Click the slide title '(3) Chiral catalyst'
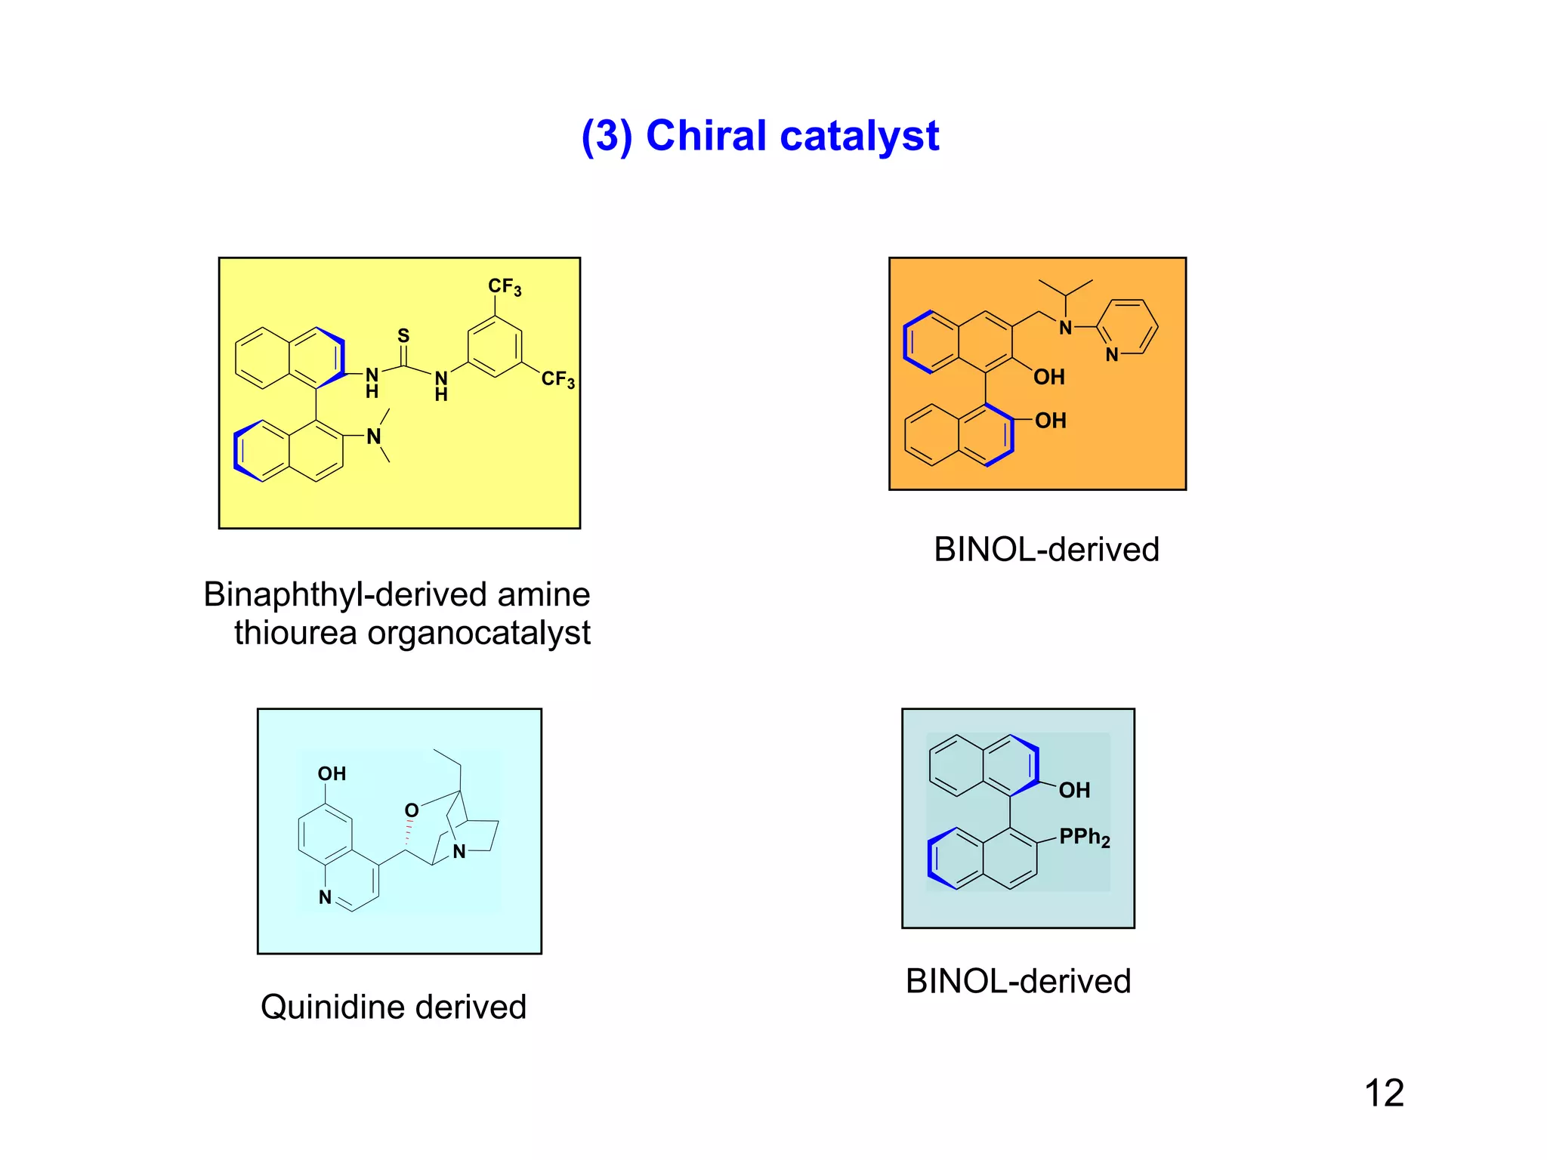pyautogui.click(x=760, y=137)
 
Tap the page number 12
pyautogui.click(x=1384, y=1093)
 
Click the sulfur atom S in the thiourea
pyautogui.click(x=403, y=335)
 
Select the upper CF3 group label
pyautogui.click(x=504, y=287)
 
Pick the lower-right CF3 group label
pyautogui.click(x=557, y=379)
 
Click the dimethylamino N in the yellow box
pyautogui.click(x=373, y=437)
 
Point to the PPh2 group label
pyautogui.click(x=1084, y=838)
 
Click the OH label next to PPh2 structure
pyautogui.click(x=1073, y=791)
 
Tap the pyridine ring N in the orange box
pyautogui.click(x=1112, y=355)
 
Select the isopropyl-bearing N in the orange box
pyautogui.click(x=1065, y=328)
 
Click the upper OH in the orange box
pyautogui.click(x=1048, y=377)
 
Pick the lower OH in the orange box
pyautogui.click(x=1050, y=421)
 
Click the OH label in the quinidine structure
pyautogui.click(x=332, y=774)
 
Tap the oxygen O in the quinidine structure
pyautogui.click(x=412, y=810)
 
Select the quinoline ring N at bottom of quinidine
pyautogui.click(x=325, y=897)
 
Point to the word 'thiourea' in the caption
pyautogui.click(x=295, y=633)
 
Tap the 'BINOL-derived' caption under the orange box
pyautogui.click(x=1046, y=550)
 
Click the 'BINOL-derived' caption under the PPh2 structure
pyautogui.click(x=1017, y=982)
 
